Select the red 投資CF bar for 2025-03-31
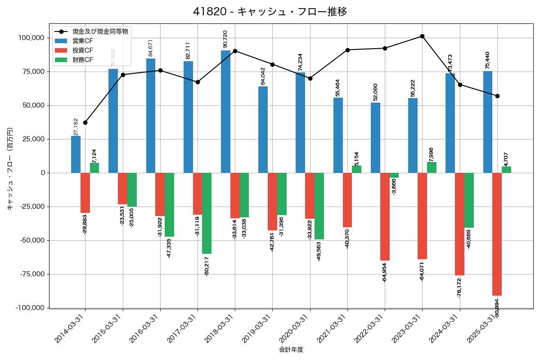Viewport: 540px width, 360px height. coord(497,234)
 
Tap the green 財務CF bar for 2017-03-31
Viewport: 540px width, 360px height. coord(207,213)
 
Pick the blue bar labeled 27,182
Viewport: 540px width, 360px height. coord(76,154)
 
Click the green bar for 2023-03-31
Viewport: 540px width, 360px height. coord(432,167)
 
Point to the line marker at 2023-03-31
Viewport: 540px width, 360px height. coord(422,36)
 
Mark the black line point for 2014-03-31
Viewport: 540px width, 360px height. coord(85,122)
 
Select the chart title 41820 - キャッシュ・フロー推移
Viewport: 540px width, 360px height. coord(270,12)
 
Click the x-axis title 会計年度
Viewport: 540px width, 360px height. coord(291,350)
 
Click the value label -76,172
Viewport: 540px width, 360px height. coord(459,288)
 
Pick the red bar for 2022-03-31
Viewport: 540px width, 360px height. coord(385,216)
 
